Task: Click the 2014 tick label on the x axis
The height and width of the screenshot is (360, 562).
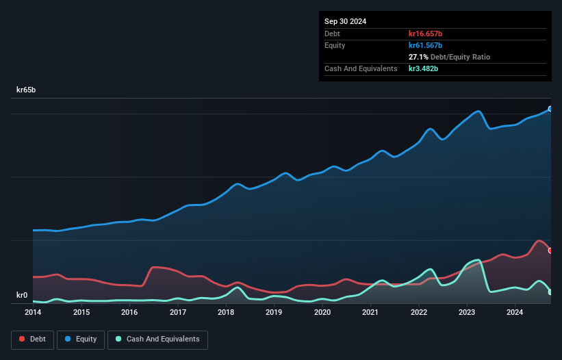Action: [x=33, y=313]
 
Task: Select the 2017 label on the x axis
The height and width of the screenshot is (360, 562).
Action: [x=178, y=313]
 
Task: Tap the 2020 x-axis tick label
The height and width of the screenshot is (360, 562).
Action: [x=322, y=313]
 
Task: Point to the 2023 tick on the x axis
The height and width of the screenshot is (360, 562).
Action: [x=467, y=313]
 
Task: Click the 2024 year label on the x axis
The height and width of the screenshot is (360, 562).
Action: [x=515, y=313]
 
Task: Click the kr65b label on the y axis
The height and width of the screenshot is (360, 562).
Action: [x=27, y=90]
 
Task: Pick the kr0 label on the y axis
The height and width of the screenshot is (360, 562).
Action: [x=22, y=296]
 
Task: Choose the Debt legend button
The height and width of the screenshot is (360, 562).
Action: [x=32, y=339]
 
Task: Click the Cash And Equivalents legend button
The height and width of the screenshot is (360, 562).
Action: [x=157, y=339]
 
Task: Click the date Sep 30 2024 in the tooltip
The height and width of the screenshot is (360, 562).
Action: [x=345, y=21]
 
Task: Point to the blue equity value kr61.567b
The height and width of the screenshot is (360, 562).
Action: [x=426, y=45]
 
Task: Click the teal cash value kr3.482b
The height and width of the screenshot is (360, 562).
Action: [x=424, y=68]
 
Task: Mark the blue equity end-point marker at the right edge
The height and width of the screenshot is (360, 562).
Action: [x=550, y=109]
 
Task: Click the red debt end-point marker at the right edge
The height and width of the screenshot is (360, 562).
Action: [x=550, y=250]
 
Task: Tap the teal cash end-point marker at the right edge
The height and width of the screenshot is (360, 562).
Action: [x=550, y=292]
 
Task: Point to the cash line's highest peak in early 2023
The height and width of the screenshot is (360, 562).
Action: [x=477, y=260]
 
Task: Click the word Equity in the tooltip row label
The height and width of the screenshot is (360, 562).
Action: [x=335, y=45]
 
